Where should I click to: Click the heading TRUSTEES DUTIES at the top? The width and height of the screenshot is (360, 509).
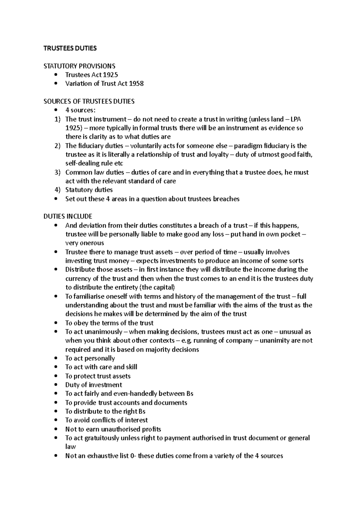click(70, 48)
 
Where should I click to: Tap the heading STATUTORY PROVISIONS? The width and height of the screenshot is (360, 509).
click(79, 66)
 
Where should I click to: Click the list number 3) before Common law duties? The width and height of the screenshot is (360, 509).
click(57, 172)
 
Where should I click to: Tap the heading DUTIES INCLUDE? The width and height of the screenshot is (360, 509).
click(68, 216)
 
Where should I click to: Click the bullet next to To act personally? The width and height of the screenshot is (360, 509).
click(56, 359)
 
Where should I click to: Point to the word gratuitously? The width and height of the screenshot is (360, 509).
click(101, 438)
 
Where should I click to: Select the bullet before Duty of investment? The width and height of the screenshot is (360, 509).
click(56, 385)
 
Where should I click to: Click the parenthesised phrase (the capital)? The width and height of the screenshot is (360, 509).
click(157, 287)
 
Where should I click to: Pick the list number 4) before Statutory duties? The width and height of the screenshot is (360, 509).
click(57, 190)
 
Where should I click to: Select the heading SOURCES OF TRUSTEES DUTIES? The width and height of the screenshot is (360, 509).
click(89, 101)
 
